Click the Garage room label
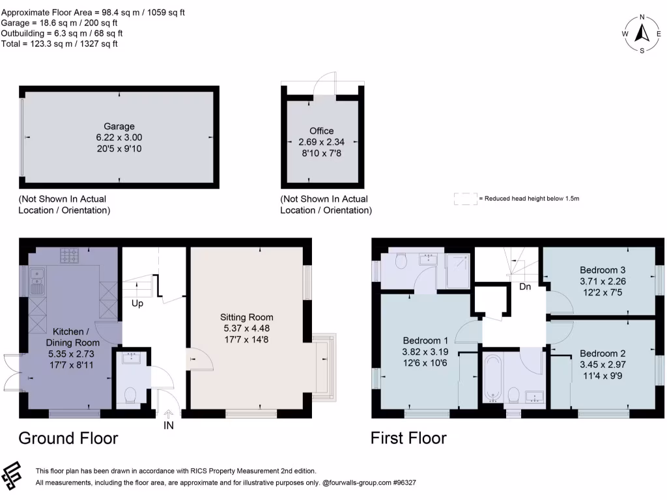pos(119,126)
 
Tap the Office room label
pos(321,131)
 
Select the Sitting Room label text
pos(246,318)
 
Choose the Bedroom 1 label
pos(425,340)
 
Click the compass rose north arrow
pos(642,32)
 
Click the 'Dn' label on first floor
pos(525,286)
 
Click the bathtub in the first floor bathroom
pos(491,378)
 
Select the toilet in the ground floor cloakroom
pos(130,396)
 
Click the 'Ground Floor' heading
pos(68,437)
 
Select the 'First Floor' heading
pos(408,437)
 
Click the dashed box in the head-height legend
pos(465,199)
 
